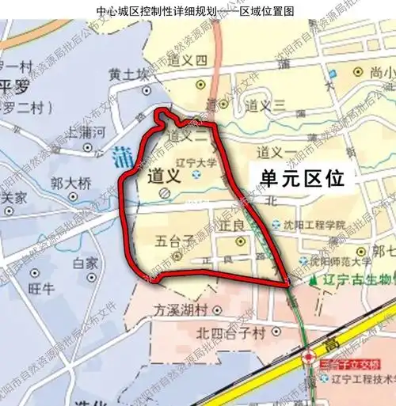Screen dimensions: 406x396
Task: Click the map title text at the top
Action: click(x=198, y=12)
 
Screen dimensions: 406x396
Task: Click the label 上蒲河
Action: click(x=86, y=134)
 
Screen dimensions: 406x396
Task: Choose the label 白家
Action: click(x=85, y=263)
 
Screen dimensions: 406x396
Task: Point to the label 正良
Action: click(x=230, y=226)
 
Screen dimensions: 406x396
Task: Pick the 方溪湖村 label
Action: click(x=181, y=309)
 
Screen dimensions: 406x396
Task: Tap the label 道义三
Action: click(x=265, y=104)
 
